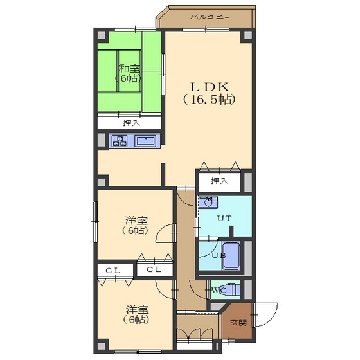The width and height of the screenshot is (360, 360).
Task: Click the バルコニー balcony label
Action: pos(210,17)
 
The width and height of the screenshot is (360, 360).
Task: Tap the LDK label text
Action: pos(210,87)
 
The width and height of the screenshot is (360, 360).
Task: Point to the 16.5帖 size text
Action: pos(209,100)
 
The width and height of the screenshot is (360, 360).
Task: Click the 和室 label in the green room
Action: pos(129,69)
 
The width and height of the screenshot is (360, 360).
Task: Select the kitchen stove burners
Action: pos(120,141)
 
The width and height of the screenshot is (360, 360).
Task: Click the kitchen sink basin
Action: pos(145,141)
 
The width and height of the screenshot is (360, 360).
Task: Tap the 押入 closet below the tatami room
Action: pos(129,123)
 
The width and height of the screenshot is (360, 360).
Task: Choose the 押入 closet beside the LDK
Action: pos(220,181)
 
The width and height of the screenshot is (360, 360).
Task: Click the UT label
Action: pos(224,219)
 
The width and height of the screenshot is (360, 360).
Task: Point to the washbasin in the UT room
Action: pos(208,203)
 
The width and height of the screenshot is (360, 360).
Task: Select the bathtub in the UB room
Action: pos(231,256)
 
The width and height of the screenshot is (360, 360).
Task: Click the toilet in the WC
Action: pos(234,291)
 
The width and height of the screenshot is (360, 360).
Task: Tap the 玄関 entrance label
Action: pos(239,323)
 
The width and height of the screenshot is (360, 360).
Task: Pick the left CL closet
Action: pos(115,270)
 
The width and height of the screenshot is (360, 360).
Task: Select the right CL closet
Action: pos(155,269)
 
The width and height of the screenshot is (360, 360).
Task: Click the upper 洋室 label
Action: pos(136,221)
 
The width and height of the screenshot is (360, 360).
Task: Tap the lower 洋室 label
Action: pos(138,310)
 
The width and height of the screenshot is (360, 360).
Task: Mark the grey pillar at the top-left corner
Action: pos(102,35)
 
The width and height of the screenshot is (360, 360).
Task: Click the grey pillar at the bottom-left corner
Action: pos(102,346)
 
